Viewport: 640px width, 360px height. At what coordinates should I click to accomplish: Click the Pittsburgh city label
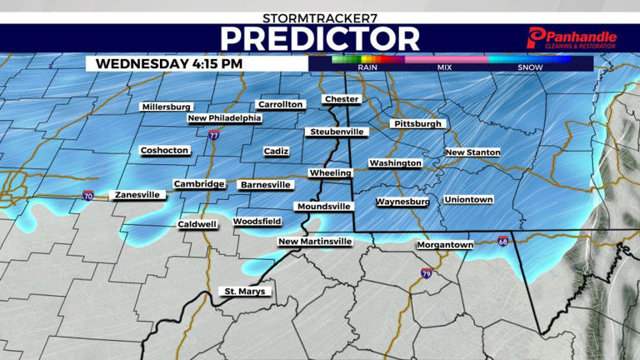tap(417, 124)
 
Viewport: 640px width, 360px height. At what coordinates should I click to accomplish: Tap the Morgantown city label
tap(445, 245)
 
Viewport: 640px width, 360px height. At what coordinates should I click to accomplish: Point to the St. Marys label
tap(245, 292)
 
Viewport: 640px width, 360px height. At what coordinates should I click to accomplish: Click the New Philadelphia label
tap(224, 118)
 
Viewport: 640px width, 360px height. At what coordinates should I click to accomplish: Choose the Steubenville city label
tap(337, 132)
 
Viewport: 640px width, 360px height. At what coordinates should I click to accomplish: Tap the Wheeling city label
tap(330, 172)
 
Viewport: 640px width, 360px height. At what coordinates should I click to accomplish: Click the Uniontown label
tap(468, 200)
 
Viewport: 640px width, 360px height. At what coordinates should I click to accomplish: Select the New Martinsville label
tap(315, 242)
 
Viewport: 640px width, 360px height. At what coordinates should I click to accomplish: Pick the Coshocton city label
tap(165, 151)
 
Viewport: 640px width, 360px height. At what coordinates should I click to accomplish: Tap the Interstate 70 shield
tap(88, 197)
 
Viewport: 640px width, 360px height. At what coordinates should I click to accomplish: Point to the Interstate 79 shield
tap(426, 273)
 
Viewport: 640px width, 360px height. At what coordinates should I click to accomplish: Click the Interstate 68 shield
tap(502, 242)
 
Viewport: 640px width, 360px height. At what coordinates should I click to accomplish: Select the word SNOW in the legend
tap(530, 67)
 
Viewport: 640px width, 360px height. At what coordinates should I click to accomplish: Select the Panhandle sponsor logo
tap(572, 37)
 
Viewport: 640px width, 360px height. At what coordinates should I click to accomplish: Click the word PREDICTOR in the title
tap(320, 38)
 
